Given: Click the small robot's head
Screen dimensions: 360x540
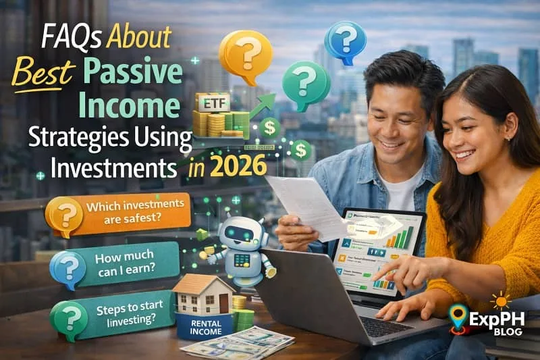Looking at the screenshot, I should (x=239, y=232).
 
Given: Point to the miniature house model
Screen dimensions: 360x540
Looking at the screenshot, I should (x=202, y=294).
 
